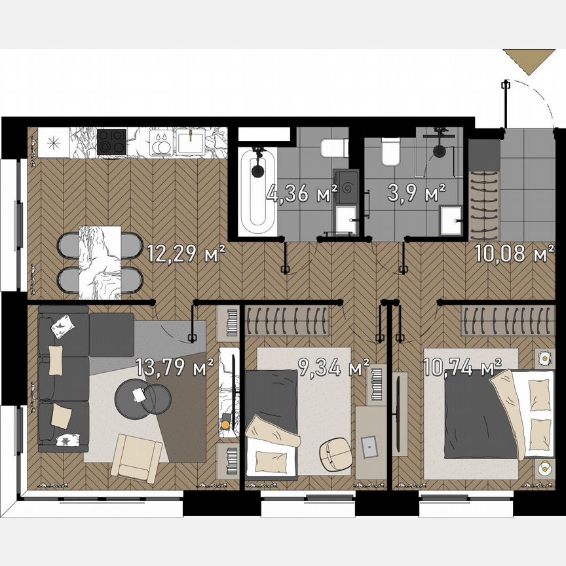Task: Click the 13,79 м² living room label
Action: pyautogui.click(x=174, y=367)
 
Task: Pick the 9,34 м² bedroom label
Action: pyautogui.click(x=333, y=368)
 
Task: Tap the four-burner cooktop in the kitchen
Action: pyautogui.click(x=111, y=142)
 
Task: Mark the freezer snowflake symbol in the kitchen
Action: pyautogui.click(x=52, y=142)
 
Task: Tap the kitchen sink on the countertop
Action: pyautogui.click(x=191, y=142)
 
